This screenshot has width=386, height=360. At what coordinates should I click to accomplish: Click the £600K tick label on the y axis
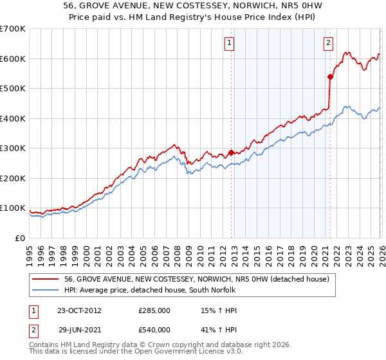coord(13,59)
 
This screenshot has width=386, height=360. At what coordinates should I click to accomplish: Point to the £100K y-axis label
coord(13,208)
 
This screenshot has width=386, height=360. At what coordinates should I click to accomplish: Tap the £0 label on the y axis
coord(19,239)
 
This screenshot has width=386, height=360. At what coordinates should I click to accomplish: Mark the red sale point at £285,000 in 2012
coord(231,153)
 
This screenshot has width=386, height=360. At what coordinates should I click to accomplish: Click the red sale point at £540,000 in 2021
coord(330,76)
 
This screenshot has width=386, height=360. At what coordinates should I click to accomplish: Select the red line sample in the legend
coord(45,279)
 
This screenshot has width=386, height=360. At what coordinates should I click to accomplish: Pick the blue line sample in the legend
coord(45,290)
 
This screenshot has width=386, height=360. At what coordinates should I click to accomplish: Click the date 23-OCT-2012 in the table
coord(80,310)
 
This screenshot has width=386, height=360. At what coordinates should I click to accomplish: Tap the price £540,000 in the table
coord(154,330)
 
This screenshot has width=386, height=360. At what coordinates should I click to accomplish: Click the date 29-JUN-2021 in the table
coord(80,330)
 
